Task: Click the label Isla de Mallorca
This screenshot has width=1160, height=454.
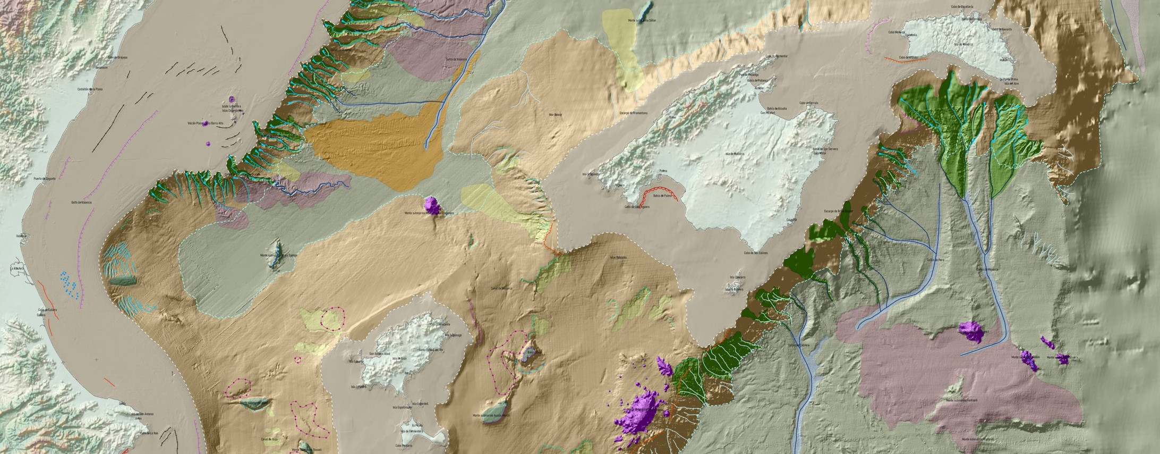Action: (x=733, y=154)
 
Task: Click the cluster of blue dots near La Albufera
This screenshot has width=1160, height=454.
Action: (x=70, y=285)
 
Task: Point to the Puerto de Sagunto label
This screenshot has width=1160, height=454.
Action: (x=46, y=179)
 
